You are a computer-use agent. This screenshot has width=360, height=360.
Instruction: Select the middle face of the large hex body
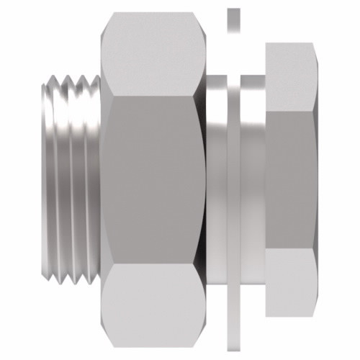[x=151, y=180]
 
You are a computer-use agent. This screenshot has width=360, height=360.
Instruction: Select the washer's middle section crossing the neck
[x=233, y=180]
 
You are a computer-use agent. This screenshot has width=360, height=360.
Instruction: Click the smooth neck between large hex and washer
[x=216, y=180]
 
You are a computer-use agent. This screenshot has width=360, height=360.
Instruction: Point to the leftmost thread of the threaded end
[x=47, y=180]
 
